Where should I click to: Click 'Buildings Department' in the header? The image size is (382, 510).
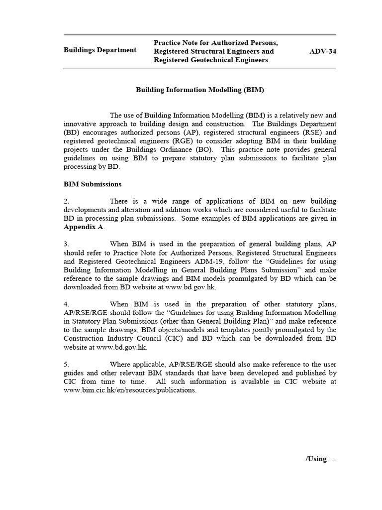point(99,50)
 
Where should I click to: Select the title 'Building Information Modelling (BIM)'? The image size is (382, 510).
point(200,90)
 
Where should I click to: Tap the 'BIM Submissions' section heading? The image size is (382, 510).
point(93,184)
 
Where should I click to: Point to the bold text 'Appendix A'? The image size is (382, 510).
point(84,227)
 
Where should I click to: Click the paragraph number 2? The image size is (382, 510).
point(66,201)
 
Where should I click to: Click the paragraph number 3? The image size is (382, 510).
point(66,244)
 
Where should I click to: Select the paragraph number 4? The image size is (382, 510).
point(66,304)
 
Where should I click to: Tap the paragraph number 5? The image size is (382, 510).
point(66,365)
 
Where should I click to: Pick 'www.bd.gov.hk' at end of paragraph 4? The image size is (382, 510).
point(122,347)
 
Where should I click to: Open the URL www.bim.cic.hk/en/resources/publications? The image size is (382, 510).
point(130,390)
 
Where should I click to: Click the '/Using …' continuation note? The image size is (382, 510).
point(321,459)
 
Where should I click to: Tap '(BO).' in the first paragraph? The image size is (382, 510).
point(205,149)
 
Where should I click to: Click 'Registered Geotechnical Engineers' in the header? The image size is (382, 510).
point(211,60)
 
